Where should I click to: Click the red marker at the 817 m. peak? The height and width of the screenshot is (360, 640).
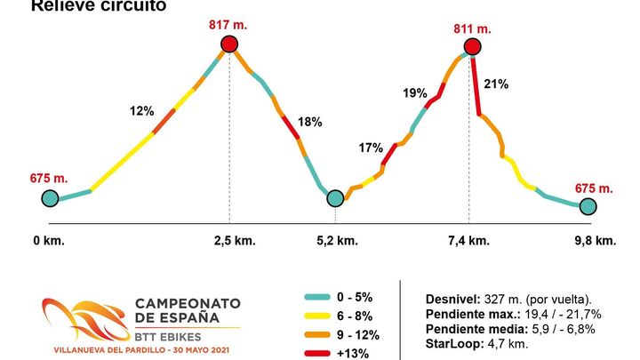point(230,44)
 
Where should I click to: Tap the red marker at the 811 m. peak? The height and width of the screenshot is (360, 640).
point(472,46)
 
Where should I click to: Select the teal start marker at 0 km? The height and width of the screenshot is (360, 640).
point(50,199)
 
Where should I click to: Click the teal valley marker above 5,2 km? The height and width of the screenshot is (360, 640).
point(335,198)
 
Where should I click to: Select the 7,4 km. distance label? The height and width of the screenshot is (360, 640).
point(468,241)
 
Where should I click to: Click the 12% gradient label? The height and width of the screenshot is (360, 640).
point(142,111)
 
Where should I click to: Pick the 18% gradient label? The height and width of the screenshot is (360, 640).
point(310,122)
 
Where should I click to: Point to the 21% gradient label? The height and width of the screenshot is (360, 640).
point(496,84)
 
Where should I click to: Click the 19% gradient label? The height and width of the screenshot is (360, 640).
point(415,92)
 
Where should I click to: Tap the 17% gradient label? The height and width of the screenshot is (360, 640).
point(371,148)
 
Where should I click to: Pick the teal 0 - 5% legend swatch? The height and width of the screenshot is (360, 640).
point(317,296)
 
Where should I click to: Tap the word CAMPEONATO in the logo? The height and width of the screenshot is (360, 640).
point(187,303)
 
